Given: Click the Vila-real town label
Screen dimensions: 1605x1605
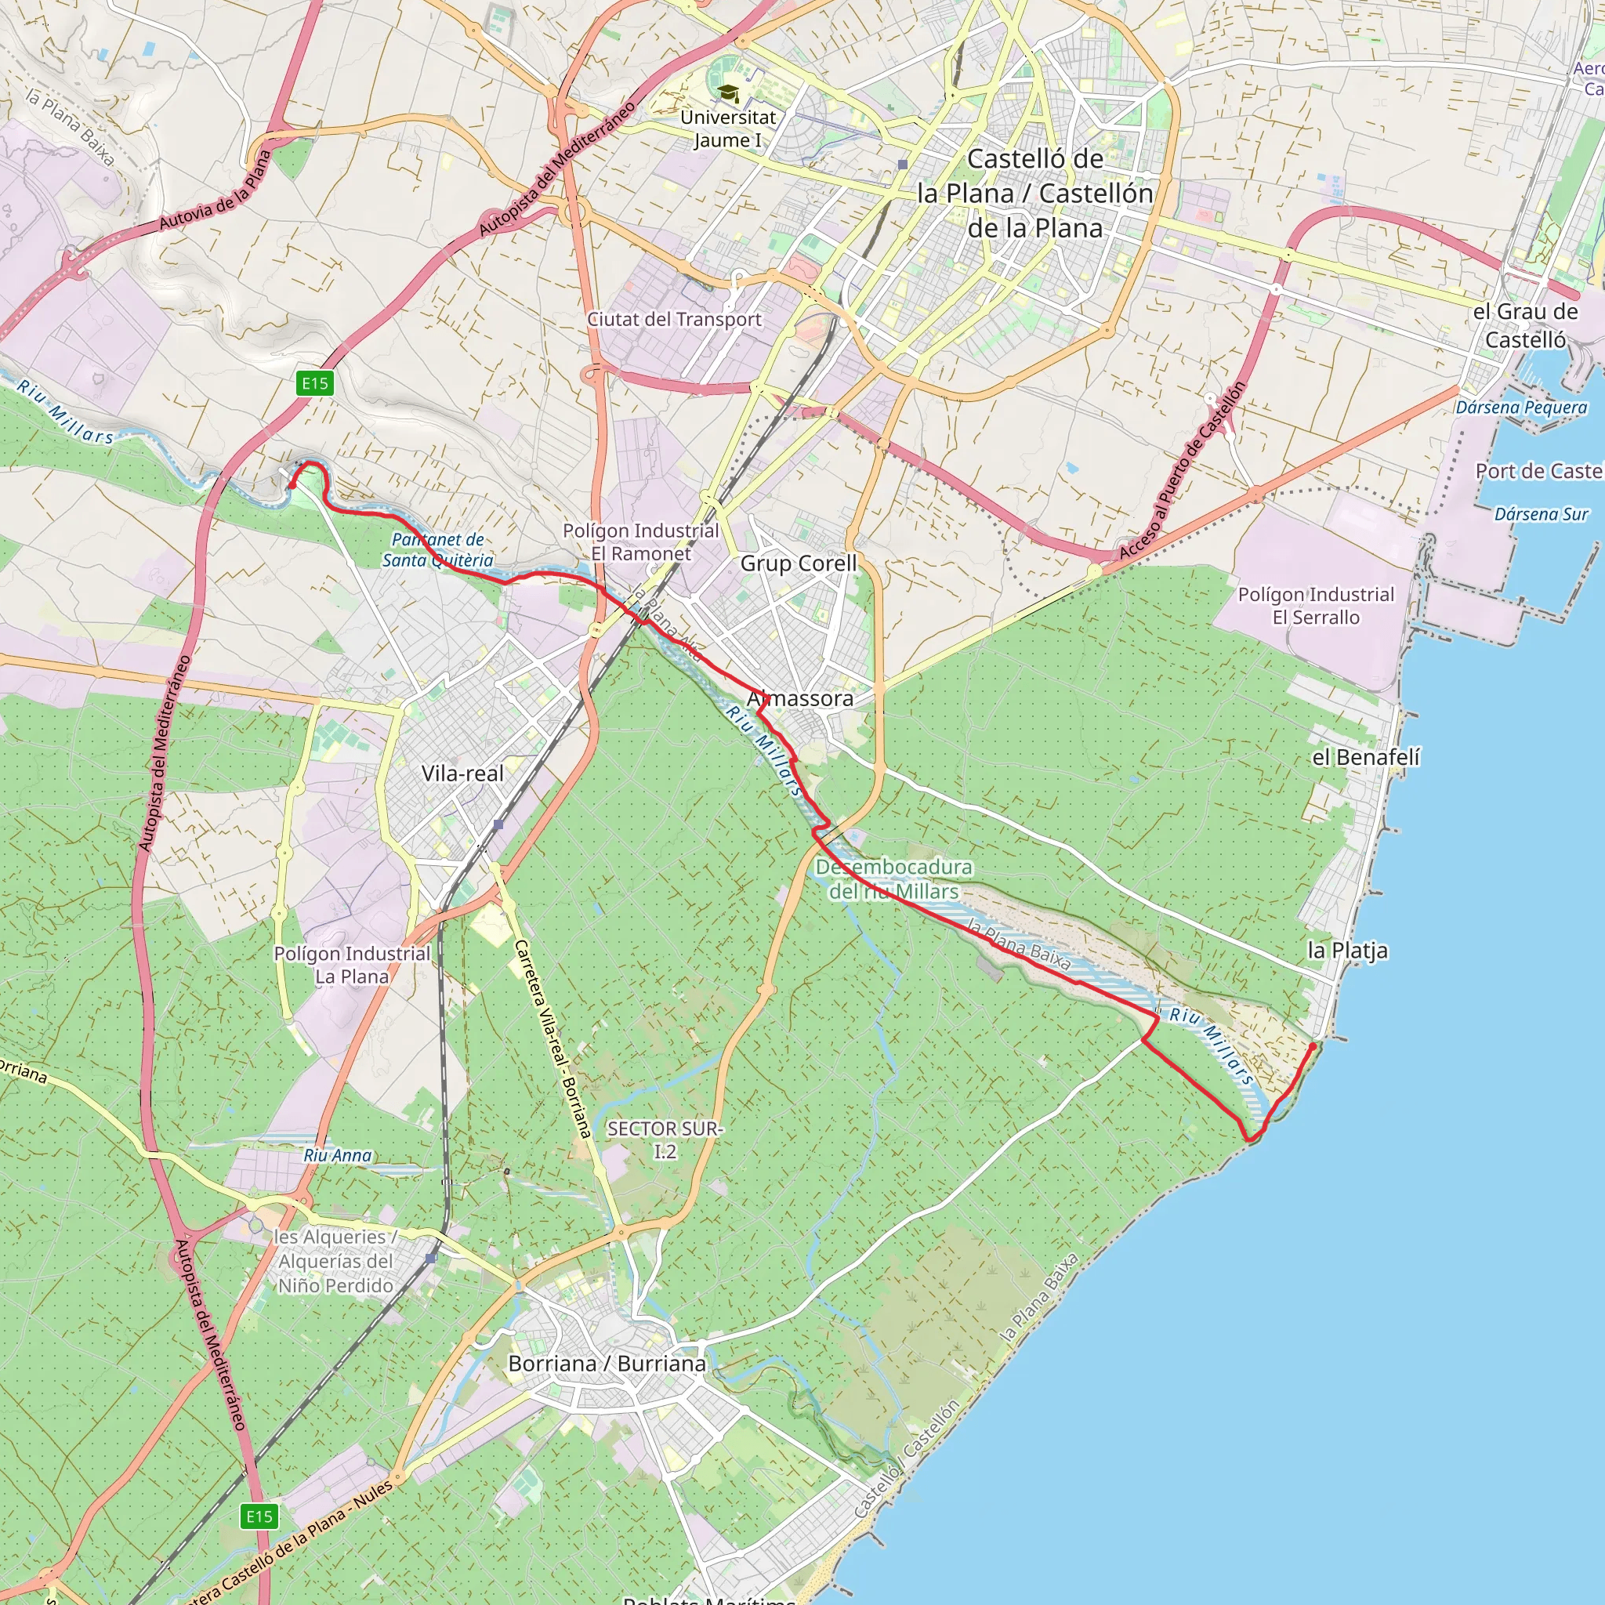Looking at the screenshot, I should point(462,774).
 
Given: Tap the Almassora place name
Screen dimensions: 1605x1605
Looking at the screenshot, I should point(800,698).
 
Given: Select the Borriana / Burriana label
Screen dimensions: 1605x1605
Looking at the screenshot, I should point(607,1364).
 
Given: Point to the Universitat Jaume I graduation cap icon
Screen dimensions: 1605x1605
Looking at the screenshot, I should point(728,94).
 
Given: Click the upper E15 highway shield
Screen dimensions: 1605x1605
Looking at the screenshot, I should point(315,383).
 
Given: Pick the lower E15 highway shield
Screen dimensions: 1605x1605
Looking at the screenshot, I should point(259,1516).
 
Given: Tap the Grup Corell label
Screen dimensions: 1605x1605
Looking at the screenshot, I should point(799,563).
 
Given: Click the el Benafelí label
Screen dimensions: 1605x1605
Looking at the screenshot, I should point(1367,757).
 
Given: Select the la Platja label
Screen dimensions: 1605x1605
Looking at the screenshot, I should point(1347,951).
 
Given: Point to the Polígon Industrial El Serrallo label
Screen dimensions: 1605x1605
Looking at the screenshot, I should point(1316,606).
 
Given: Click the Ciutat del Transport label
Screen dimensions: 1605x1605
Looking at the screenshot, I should point(675,319).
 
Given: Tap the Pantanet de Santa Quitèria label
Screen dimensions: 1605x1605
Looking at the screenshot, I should point(438,550).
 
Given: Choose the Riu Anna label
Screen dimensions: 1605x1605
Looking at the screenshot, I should point(337,1154).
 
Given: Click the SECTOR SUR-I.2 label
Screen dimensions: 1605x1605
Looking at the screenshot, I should point(665,1139).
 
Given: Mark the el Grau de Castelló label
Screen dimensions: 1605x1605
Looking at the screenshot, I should point(1525,326).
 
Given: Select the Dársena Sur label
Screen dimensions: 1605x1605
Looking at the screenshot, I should point(1541,514).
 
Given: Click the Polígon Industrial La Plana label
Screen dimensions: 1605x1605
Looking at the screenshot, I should point(352,965).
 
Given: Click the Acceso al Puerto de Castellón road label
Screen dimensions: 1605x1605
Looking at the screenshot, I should point(1183,470).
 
